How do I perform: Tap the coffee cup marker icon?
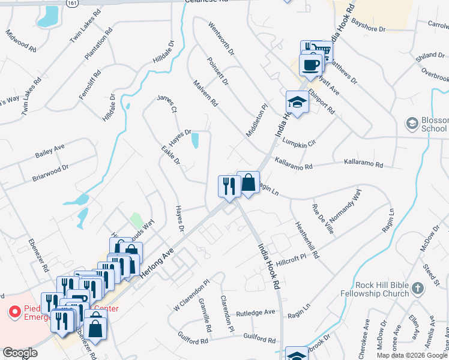(x=310, y=65)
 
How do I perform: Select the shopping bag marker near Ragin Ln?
(x=248, y=183)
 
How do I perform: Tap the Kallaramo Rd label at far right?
(x=363, y=163)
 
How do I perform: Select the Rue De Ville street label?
(x=322, y=218)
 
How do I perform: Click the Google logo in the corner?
(x=20, y=353)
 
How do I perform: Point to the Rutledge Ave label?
(x=255, y=313)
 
